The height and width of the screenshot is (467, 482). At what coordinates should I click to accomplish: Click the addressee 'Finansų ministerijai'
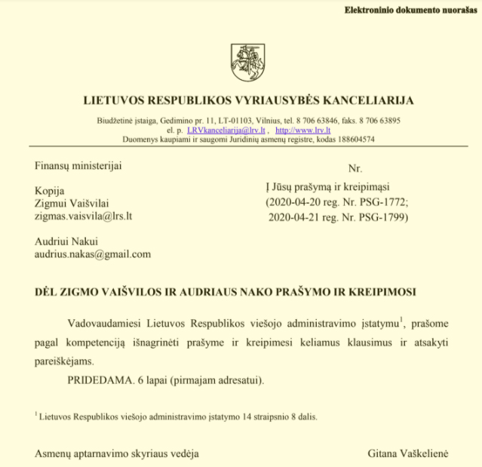tap(78, 166)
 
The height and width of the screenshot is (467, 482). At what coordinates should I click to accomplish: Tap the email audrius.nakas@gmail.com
tap(92, 255)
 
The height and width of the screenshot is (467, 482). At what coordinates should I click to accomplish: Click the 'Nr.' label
tap(355, 168)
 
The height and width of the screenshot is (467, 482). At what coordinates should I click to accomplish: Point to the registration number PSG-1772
tap(382, 203)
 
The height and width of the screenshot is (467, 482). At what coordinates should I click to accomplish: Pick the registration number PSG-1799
tap(382, 217)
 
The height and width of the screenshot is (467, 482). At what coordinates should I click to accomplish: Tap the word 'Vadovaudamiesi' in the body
tap(104, 324)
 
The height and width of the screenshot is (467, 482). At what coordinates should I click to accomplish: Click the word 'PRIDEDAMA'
tap(97, 378)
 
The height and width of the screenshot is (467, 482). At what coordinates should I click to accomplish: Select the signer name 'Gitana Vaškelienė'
tap(407, 453)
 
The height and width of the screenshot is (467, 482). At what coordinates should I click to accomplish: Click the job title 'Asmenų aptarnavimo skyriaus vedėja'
tap(117, 453)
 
